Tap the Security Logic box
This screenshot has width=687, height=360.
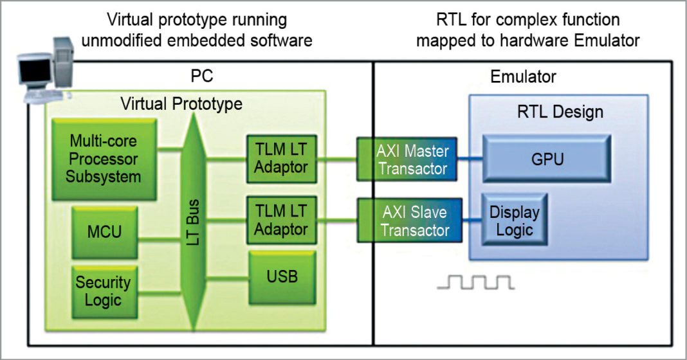point(103,290)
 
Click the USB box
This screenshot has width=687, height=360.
point(280,278)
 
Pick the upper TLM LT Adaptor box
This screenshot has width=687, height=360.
point(280,159)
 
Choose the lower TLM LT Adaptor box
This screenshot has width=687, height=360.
point(280,219)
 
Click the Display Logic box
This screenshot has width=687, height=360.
point(514,221)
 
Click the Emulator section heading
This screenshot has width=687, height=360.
point(523,77)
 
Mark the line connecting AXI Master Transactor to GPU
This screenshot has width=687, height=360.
point(470,159)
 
